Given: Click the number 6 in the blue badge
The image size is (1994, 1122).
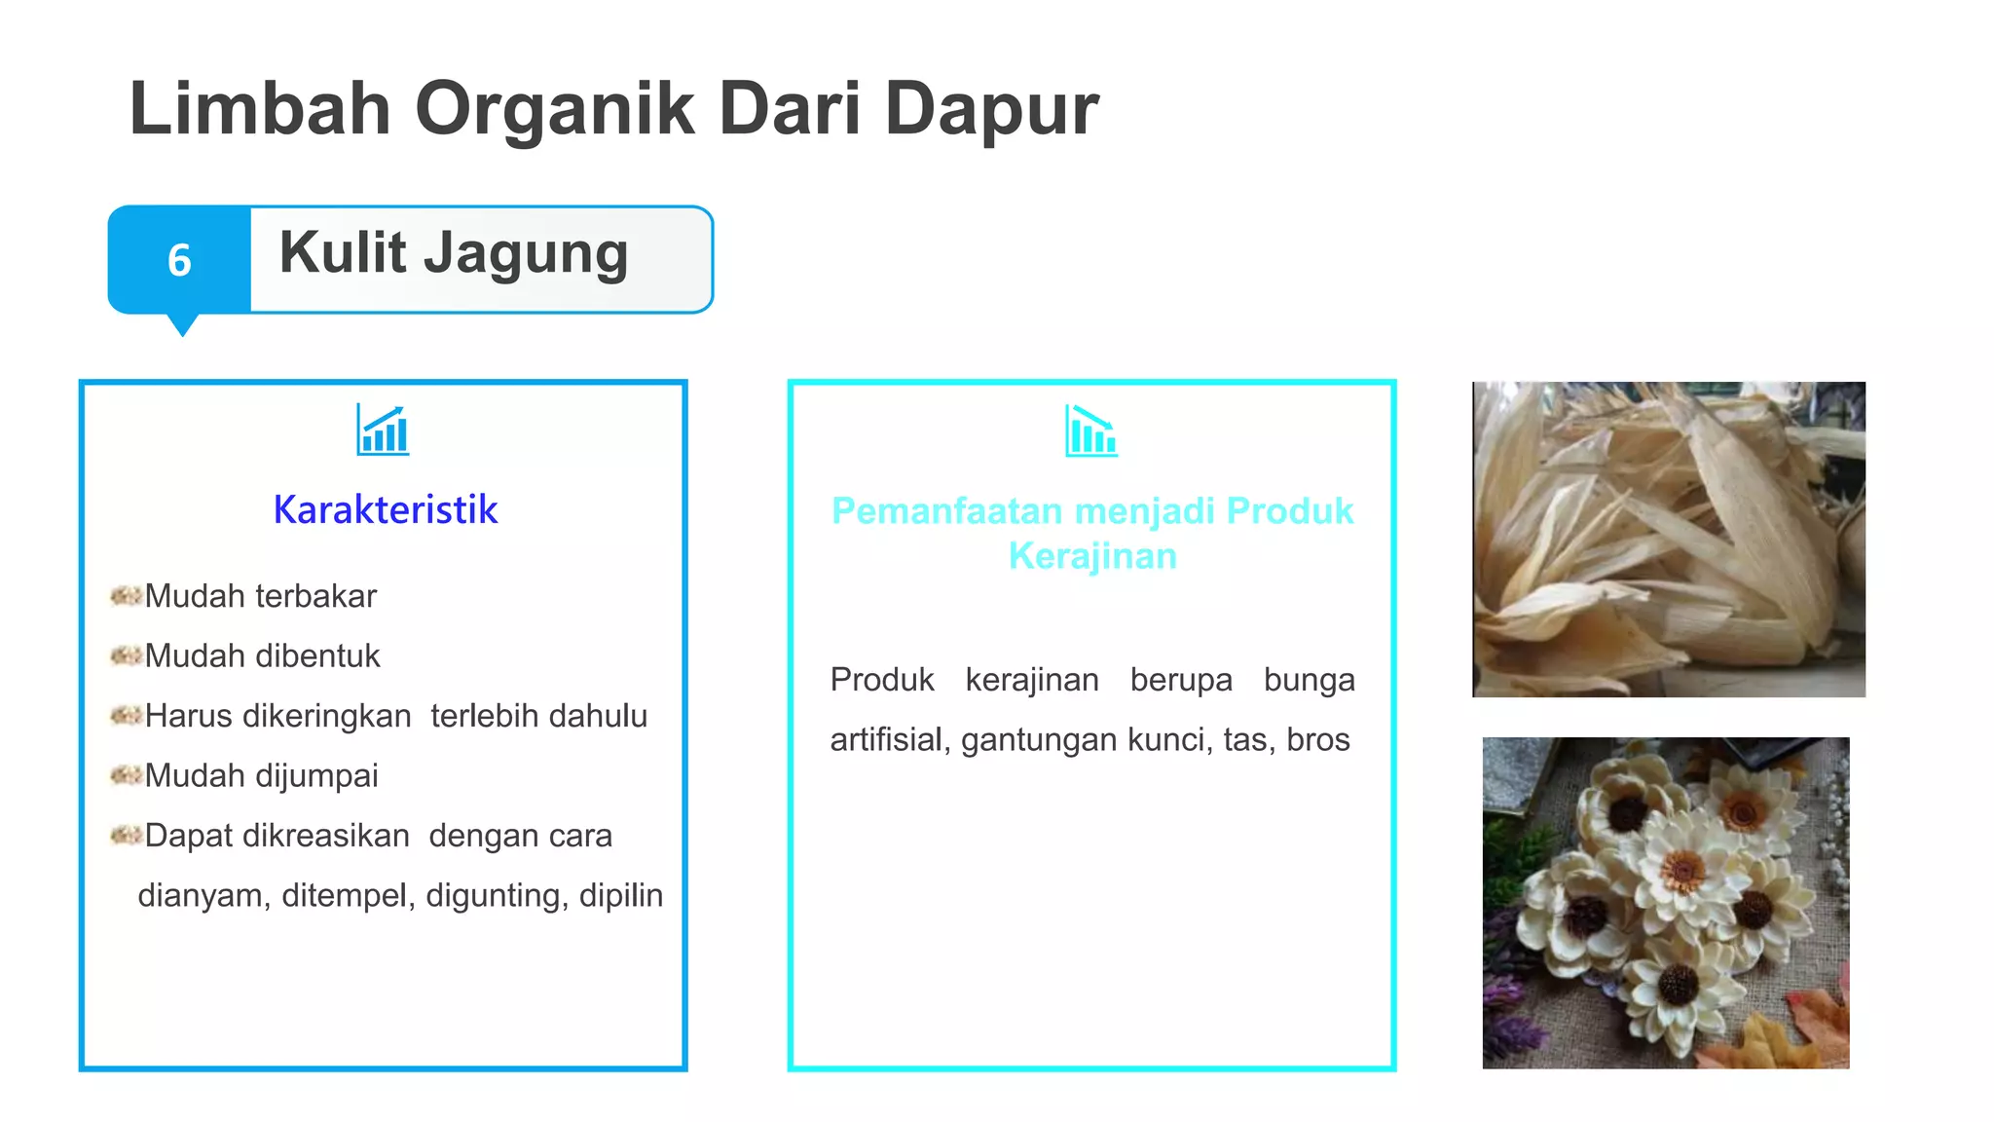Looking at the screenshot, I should pos(179,260).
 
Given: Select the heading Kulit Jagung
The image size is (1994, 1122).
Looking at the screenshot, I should pos(454,253).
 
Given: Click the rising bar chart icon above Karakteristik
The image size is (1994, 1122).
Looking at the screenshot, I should pos(383,430).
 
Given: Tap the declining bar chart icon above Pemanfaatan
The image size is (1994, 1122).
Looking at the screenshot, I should pos(1090,430).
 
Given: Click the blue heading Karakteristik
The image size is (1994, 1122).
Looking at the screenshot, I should pos(385,509).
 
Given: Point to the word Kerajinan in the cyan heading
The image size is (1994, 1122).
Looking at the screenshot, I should pos(1091,556).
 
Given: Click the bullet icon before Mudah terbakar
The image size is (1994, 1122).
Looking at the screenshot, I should pos(126,595).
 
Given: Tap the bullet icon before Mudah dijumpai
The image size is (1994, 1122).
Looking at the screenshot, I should pos(126,775).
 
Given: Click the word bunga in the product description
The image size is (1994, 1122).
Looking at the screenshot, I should pos(1309,679).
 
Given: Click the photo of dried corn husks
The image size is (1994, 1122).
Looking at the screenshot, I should pos(1668,539).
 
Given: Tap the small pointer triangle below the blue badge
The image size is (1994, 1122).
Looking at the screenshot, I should pos(182,325).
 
